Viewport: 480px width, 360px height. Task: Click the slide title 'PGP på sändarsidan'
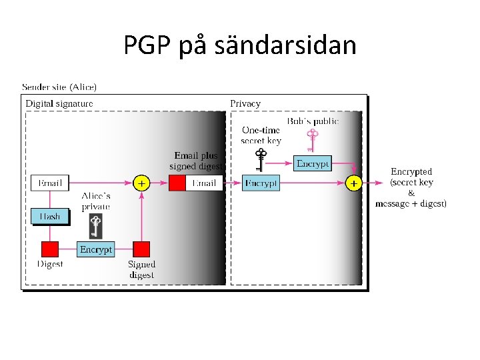(240, 46)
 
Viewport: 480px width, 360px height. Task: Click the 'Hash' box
(49, 216)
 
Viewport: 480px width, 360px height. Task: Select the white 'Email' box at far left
(49, 182)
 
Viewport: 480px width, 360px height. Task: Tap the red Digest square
(49, 249)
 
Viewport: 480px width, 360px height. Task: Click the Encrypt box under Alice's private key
(96, 249)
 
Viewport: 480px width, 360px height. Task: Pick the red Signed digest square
(141, 249)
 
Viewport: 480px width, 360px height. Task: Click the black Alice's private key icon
(96, 225)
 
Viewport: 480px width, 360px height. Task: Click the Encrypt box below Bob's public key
(313, 163)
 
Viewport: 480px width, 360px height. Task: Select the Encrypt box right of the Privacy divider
(261, 183)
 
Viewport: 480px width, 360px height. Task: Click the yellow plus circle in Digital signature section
(141, 182)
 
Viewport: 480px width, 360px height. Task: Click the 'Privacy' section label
(245, 103)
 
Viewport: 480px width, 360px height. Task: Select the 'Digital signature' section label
(59, 103)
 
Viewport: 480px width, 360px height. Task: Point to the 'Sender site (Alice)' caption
(59, 87)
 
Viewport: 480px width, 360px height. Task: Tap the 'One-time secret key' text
(261, 135)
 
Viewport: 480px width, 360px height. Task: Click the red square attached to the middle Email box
(177, 183)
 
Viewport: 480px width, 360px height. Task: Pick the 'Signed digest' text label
(141, 269)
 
